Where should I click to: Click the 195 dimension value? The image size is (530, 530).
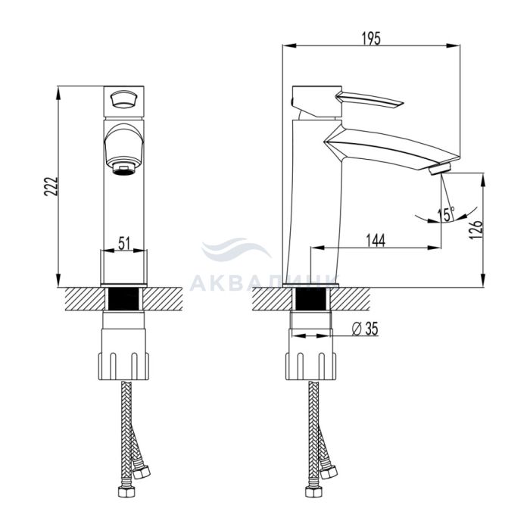click(x=371, y=38)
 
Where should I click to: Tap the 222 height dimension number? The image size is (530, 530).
click(x=51, y=186)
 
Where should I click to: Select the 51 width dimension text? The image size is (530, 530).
click(x=124, y=243)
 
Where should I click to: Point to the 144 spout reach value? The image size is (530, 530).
click(x=376, y=240)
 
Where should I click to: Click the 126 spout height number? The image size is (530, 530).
click(x=475, y=230)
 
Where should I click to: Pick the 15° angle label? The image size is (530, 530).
click(x=446, y=214)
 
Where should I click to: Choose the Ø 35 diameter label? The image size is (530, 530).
click(x=365, y=329)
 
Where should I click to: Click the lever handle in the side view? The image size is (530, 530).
click(x=369, y=100)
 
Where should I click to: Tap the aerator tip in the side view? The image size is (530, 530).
click(x=440, y=169)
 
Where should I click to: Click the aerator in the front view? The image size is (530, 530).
click(x=124, y=168)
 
